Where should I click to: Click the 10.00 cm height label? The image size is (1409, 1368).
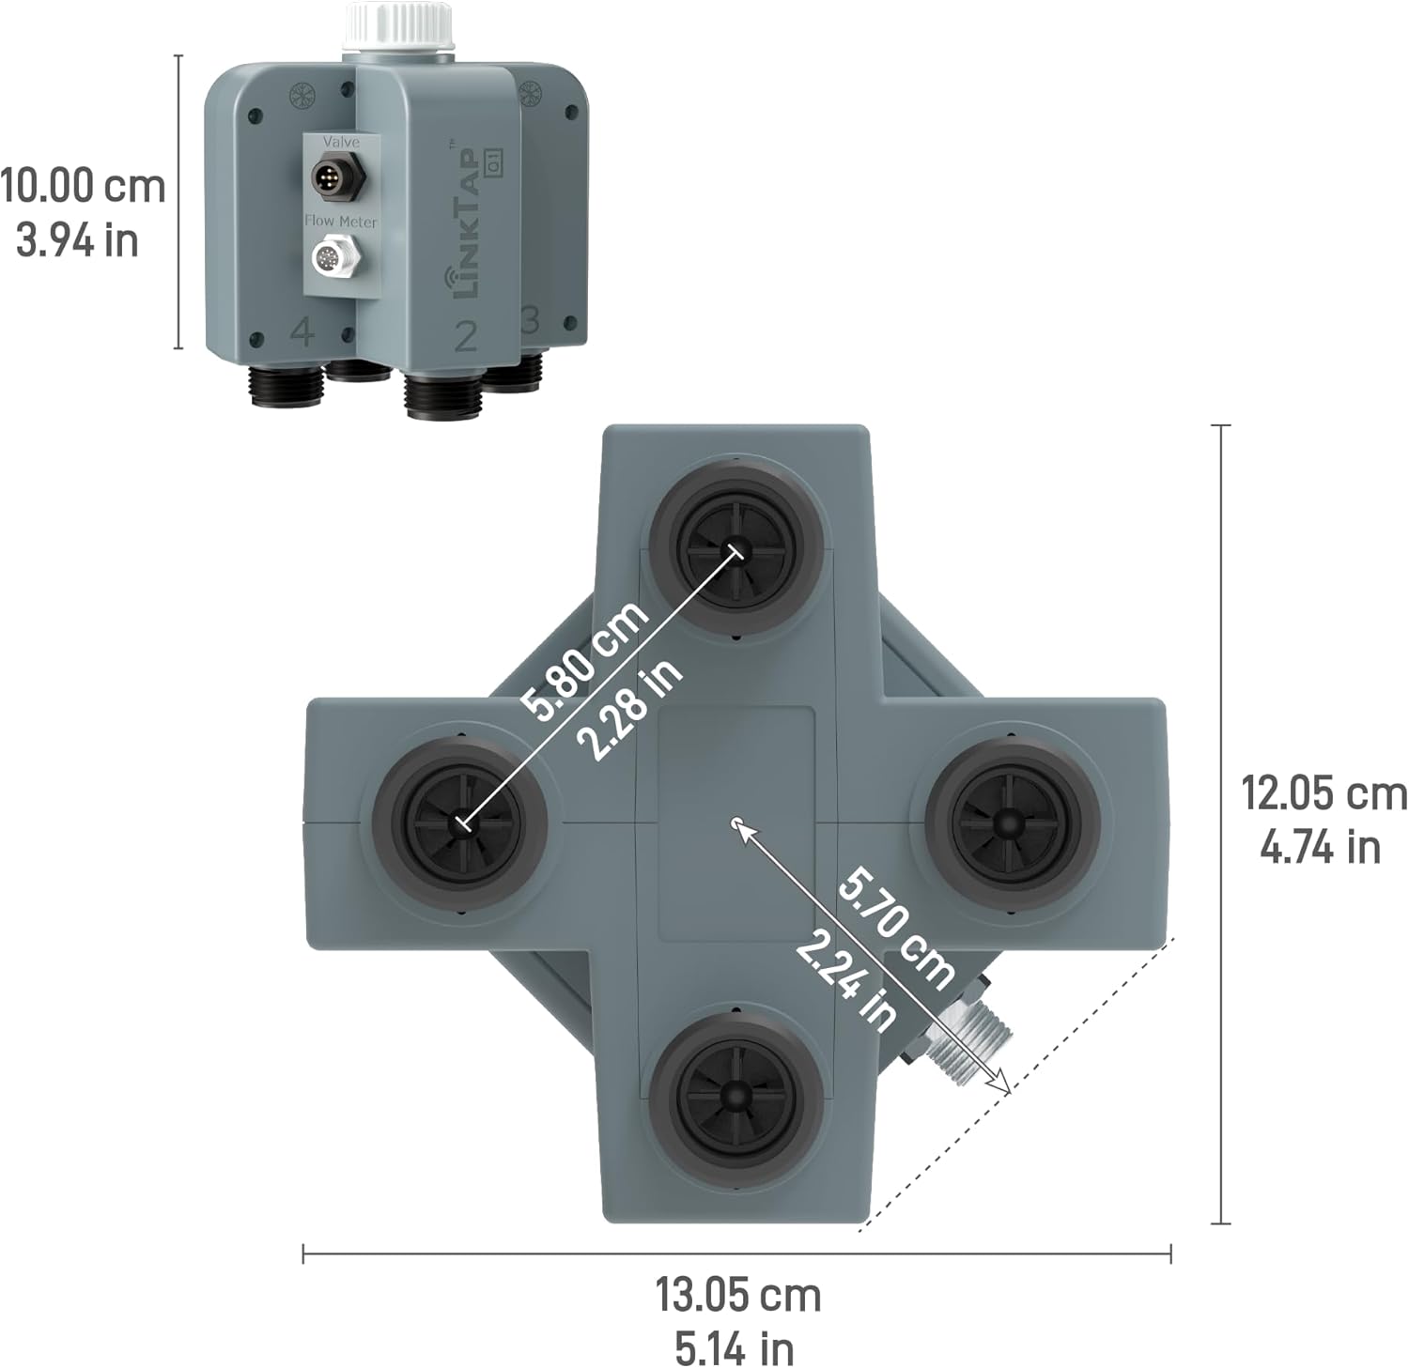(x=83, y=185)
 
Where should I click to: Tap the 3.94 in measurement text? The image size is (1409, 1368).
(x=77, y=241)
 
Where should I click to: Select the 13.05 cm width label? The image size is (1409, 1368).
(x=737, y=1296)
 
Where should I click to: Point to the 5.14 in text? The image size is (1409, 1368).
(x=735, y=1349)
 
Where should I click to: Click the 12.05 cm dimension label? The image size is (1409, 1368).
(x=1324, y=793)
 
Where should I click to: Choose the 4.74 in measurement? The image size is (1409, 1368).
(x=1320, y=848)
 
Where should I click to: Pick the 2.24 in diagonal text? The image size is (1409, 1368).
(x=845, y=979)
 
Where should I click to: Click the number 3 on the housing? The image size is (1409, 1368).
(x=530, y=320)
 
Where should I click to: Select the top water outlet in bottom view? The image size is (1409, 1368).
(x=735, y=551)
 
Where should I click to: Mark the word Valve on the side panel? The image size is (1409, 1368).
(x=341, y=142)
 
